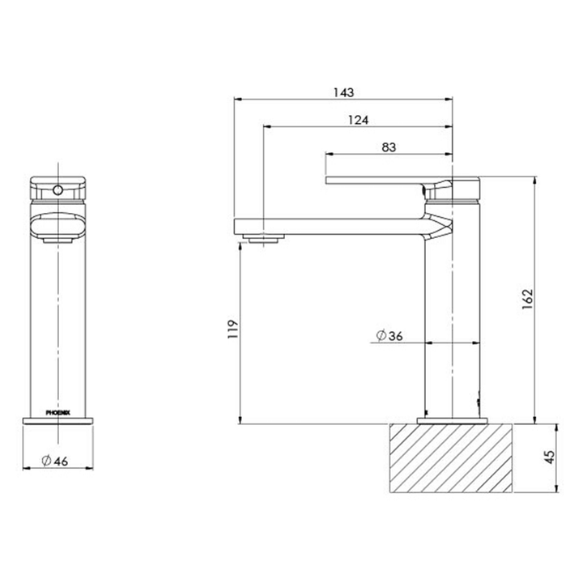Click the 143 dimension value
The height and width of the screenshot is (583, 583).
pyautogui.click(x=343, y=93)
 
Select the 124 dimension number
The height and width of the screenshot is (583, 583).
pyautogui.click(x=358, y=120)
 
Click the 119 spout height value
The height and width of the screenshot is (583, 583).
pyautogui.click(x=232, y=331)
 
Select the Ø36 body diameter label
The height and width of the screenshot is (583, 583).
pyautogui.click(x=390, y=336)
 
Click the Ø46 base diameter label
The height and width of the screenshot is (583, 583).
pyautogui.click(x=54, y=461)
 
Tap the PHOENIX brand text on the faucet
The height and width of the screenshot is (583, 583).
pyautogui.click(x=58, y=411)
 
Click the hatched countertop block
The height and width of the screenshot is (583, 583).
pyautogui.click(x=453, y=457)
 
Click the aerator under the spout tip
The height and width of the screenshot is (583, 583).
pyautogui.click(x=263, y=237)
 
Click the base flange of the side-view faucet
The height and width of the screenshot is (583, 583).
pyautogui.click(x=453, y=419)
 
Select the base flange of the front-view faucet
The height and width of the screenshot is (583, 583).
pyautogui.click(x=58, y=419)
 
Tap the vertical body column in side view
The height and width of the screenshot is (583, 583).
pyautogui.click(x=453, y=324)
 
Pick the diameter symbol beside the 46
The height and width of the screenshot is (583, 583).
pyautogui.click(x=47, y=461)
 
